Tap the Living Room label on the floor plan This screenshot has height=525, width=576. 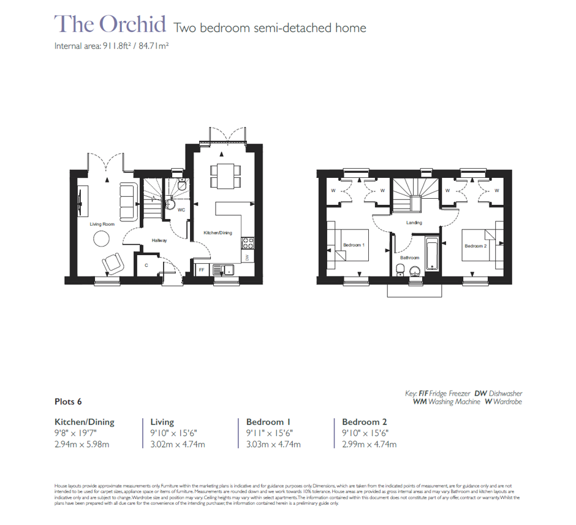(102, 224)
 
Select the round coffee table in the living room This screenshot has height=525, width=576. (100, 240)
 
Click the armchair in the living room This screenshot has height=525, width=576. (113, 263)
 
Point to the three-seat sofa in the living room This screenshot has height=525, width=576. (128, 201)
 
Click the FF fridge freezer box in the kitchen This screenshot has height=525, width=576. (202, 269)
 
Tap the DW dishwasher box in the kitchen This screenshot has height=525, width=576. (246, 258)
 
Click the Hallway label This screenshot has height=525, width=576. (159, 240)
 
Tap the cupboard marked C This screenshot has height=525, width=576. (146, 266)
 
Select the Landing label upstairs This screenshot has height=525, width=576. (414, 223)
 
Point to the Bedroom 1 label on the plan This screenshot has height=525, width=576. (354, 245)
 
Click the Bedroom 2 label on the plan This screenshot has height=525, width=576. (475, 246)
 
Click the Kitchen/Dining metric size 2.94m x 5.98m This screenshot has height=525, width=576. (81, 445)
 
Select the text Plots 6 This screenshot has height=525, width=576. (68, 402)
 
